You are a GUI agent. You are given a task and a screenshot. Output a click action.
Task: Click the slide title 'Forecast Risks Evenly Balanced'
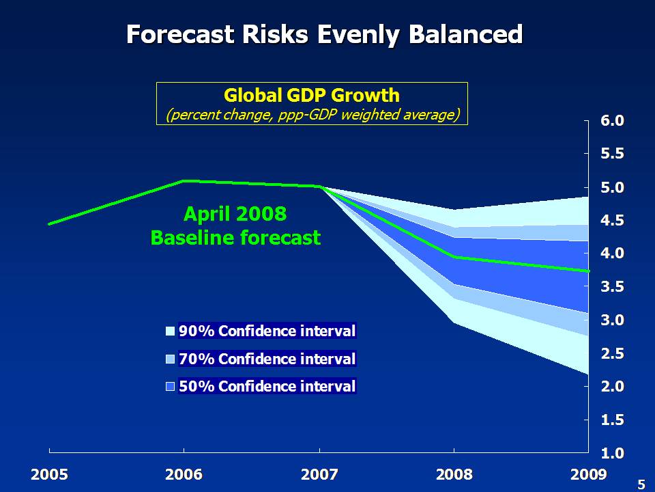click(325, 34)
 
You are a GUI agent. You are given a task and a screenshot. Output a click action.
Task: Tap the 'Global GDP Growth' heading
click(312, 95)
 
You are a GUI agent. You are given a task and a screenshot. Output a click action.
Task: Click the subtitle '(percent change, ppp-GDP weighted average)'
click(312, 114)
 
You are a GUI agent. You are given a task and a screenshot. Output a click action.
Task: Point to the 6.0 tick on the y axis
click(612, 121)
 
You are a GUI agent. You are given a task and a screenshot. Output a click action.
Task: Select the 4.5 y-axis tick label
click(612, 221)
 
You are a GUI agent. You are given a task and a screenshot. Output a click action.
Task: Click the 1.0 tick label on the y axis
click(612, 453)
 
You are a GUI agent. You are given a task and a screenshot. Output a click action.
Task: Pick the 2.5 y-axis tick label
click(612, 354)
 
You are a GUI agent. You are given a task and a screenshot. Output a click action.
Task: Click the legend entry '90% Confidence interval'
click(267, 331)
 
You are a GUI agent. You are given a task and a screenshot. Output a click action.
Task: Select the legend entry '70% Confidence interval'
click(267, 359)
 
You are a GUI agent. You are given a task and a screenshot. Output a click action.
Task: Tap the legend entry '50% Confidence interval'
click(267, 386)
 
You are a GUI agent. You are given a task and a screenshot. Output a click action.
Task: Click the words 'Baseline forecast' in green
click(235, 238)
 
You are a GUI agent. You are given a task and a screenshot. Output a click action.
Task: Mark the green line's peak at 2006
click(184, 181)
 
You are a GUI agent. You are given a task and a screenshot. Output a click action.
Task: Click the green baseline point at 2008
click(454, 257)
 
